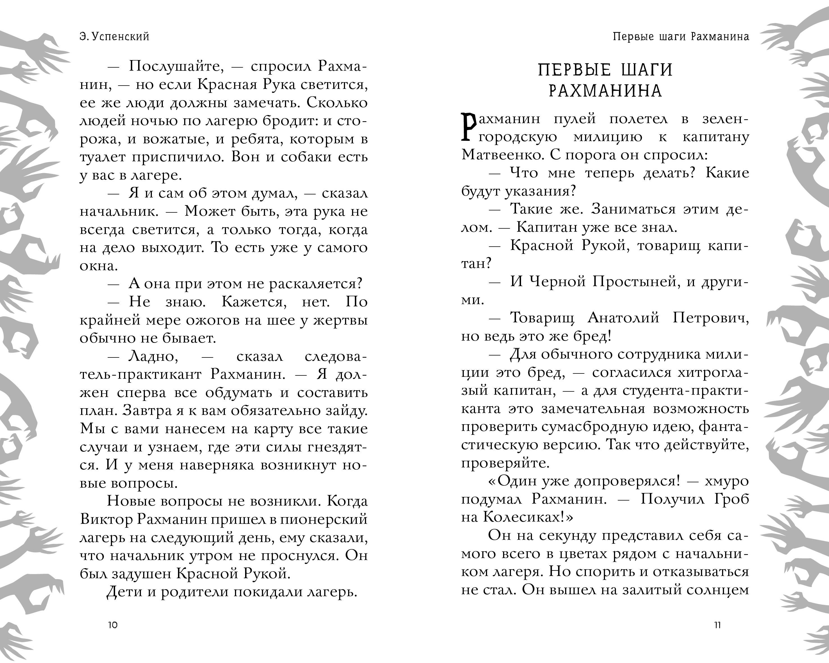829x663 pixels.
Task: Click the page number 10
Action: tap(113, 625)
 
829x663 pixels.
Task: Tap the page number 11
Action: tap(717, 625)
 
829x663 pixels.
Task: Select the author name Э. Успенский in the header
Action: tap(115, 36)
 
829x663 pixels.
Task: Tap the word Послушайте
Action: tap(176, 66)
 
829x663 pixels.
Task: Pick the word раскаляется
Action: tap(315, 284)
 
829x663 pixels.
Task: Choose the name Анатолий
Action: tap(623, 318)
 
